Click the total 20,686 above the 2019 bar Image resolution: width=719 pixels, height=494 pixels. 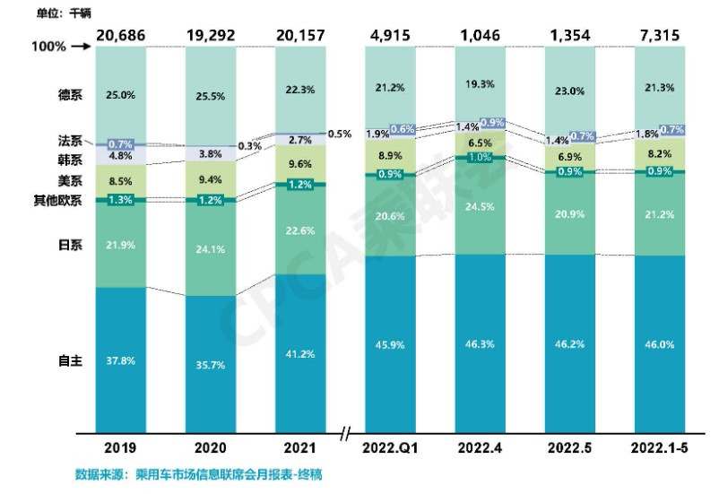pyautogui.click(x=120, y=36)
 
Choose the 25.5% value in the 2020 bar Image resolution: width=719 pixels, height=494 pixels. pyautogui.click(x=210, y=95)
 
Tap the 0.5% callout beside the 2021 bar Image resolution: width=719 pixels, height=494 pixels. pyautogui.click(x=340, y=134)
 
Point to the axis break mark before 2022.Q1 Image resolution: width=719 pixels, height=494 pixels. pyautogui.click(x=347, y=436)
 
